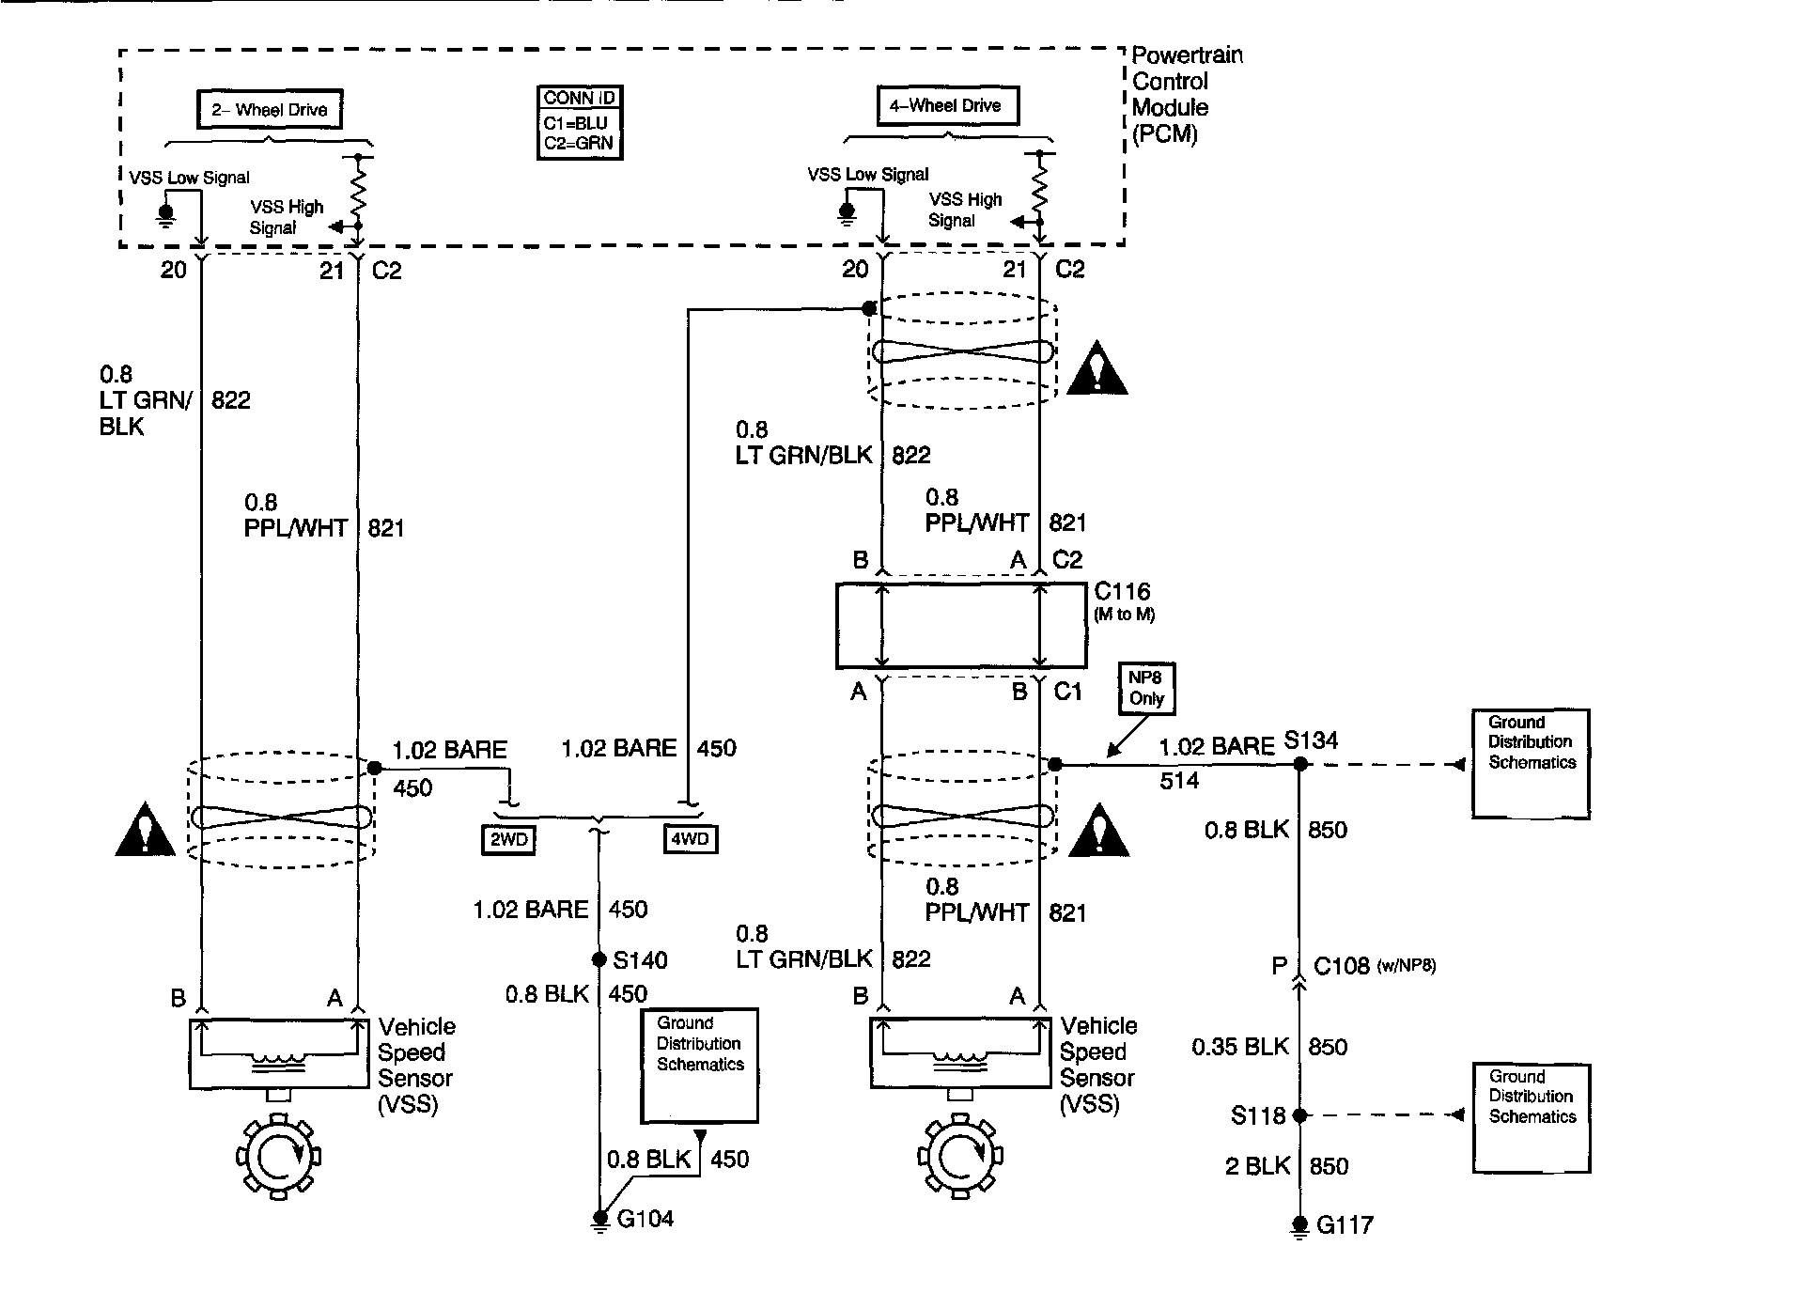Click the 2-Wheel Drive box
click(x=269, y=110)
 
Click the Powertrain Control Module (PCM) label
click(x=1187, y=94)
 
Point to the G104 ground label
click(x=645, y=1220)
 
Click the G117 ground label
click(x=1345, y=1225)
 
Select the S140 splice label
click(x=640, y=960)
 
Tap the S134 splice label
click(x=1310, y=740)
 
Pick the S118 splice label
click(x=1257, y=1116)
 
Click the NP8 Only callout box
click(x=1146, y=689)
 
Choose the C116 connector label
click(x=1122, y=592)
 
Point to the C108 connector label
click(x=1341, y=966)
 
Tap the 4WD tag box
click(x=691, y=839)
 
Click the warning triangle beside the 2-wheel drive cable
click(x=145, y=831)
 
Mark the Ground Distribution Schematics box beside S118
click(x=1531, y=1118)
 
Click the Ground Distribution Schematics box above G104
click(x=699, y=1066)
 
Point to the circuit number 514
click(x=1178, y=781)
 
